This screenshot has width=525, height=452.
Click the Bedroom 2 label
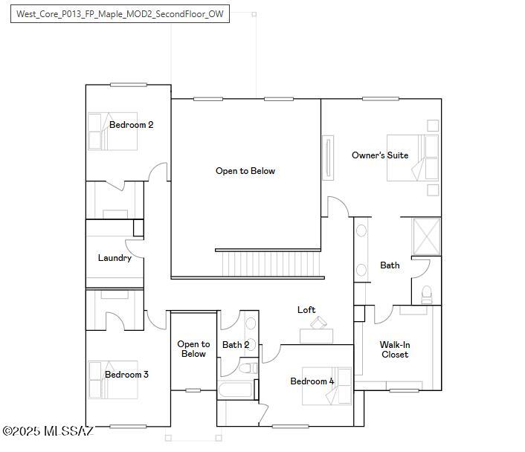[x=131, y=125]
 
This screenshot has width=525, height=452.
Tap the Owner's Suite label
[x=379, y=155]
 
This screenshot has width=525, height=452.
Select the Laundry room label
[x=115, y=258]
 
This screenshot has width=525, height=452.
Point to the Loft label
[x=306, y=310]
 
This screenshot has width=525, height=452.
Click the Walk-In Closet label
[x=394, y=349]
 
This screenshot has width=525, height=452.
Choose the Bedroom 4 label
[x=312, y=381]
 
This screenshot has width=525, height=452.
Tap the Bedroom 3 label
[x=126, y=375]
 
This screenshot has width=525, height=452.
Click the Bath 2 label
[x=236, y=345]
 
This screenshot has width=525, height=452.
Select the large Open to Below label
[x=245, y=171]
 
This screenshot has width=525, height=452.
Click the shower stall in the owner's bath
[x=426, y=236]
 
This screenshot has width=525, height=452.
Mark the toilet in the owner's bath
[x=426, y=294]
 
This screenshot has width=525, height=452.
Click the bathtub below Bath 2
[x=237, y=391]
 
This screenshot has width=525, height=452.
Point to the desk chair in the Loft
[x=319, y=322]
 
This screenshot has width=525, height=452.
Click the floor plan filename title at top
[x=120, y=14]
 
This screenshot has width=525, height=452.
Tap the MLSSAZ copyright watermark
[x=48, y=431]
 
